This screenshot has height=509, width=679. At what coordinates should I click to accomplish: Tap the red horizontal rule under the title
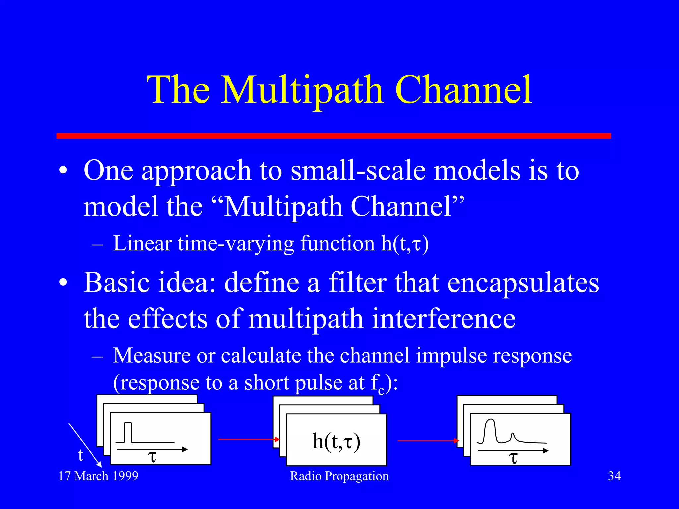[334, 136]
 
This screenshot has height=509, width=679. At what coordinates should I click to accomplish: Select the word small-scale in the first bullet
[358, 170]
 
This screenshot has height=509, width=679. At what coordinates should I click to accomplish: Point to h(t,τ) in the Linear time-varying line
[404, 244]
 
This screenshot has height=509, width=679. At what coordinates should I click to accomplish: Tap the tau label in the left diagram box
[152, 457]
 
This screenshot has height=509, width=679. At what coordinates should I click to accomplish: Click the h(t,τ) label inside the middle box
[336, 441]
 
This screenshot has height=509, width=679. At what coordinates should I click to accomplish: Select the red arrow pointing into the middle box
[249, 439]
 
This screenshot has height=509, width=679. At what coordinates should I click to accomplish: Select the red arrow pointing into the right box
[428, 441]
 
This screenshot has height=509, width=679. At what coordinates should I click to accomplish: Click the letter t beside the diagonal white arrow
[80, 455]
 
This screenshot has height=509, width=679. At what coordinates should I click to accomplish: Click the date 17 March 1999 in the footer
[98, 476]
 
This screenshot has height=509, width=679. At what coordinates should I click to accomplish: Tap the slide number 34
[614, 476]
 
